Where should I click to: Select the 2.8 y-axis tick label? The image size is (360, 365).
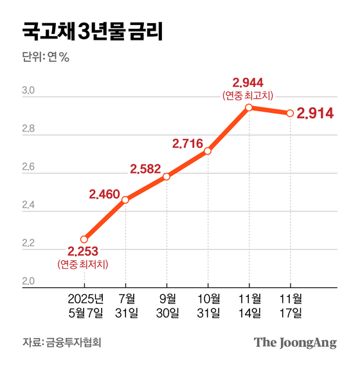click(30, 133)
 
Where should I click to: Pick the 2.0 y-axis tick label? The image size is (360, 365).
click(30, 281)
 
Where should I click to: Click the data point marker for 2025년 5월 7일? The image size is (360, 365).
click(84, 239)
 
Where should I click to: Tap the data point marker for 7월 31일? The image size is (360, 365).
click(125, 200)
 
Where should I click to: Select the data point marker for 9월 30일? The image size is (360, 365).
click(166, 176)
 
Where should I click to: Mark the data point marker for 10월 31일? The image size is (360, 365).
click(208, 151)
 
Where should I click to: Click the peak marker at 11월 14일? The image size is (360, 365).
click(249, 107)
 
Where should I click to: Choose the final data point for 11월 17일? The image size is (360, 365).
click(290, 113)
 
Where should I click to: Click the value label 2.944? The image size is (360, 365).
click(248, 82)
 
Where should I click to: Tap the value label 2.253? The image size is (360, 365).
click(84, 251)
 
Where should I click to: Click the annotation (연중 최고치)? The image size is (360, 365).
click(248, 95)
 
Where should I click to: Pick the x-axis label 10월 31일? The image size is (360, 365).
click(208, 306)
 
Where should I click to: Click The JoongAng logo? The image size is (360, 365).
click(295, 342)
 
